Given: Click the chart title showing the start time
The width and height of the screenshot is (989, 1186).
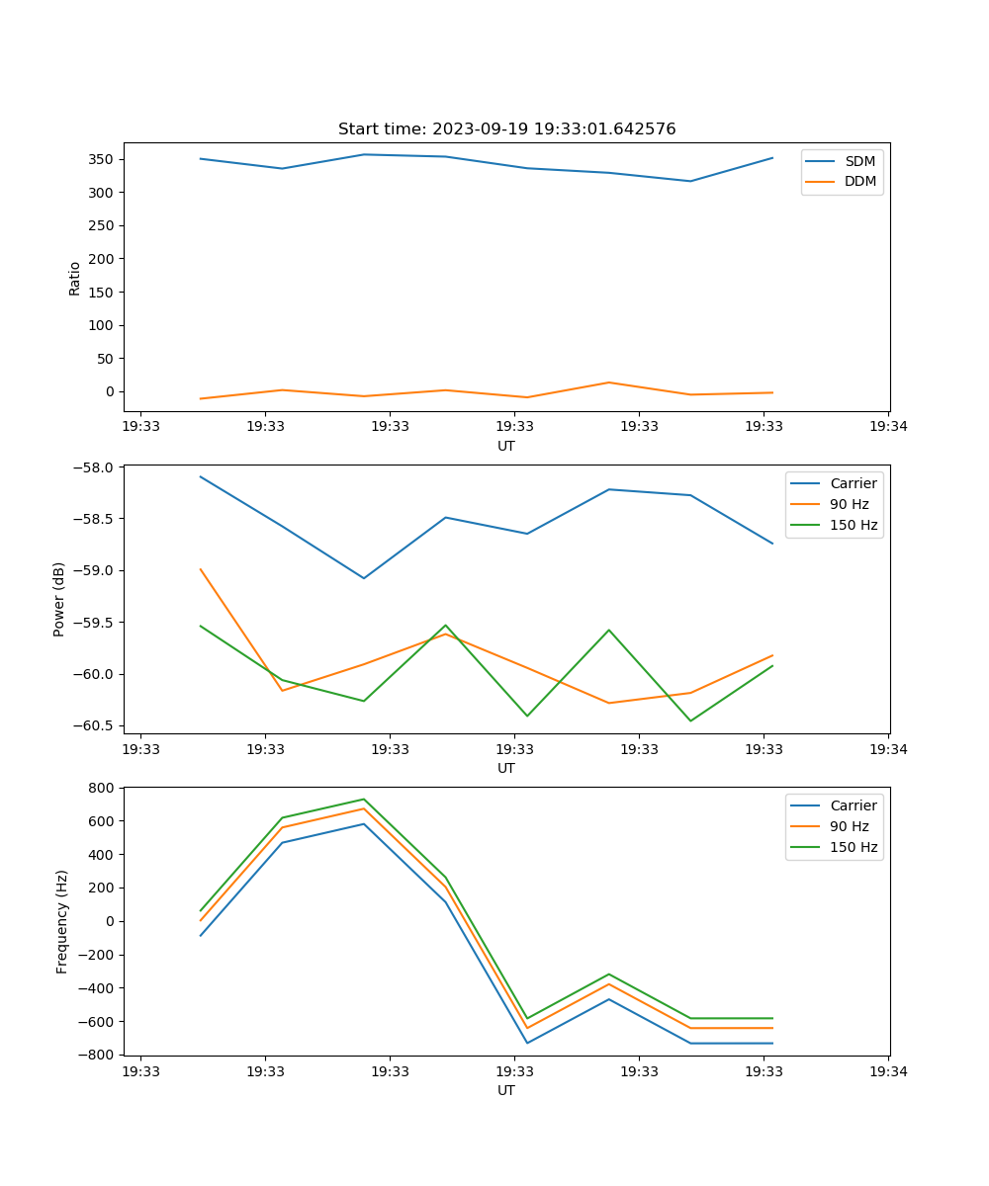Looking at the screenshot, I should pyautogui.click(x=506, y=129).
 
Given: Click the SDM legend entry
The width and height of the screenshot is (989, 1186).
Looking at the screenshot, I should pyautogui.click(x=859, y=161).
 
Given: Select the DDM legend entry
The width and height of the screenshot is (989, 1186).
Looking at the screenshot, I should pyautogui.click(x=859, y=182).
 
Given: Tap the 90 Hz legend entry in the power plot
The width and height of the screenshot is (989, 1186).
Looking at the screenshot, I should pyautogui.click(x=849, y=504).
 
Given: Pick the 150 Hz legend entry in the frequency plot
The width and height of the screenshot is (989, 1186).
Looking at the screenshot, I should pyautogui.click(x=854, y=847).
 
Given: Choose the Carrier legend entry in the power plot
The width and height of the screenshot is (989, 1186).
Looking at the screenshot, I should pyautogui.click(x=853, y=483).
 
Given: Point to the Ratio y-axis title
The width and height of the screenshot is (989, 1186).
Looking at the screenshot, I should pyautogui.click(x=74, y=278).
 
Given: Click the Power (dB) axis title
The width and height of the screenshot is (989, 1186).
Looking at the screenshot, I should pyautogui.click(x=59, y=599).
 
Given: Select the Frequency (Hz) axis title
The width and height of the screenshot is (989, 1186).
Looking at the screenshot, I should pyautogui.click(x=62, y=921).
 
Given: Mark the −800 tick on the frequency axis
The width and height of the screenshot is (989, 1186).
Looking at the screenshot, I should pyautogui.click(x=99, y=1055).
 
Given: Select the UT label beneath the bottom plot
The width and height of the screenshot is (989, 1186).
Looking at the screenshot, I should pyautogui.click(x=506, y=1090).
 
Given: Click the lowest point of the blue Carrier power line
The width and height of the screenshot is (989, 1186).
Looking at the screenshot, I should pyautogui.click(x=364, y=578).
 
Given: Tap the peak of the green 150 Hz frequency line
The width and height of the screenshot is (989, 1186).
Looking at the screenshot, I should pyautogui.click(x=364, y=799).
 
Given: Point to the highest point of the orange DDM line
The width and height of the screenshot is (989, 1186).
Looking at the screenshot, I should pyautogui.click(x=609, y=382).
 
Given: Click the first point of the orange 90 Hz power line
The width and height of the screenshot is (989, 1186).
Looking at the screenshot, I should pyautogui.click(x=201, y=569).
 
